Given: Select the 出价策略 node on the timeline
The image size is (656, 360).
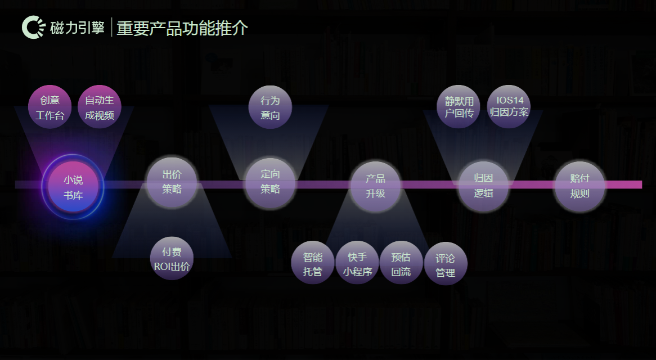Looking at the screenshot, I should [172, 182].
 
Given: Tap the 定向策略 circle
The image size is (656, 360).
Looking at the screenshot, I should [270, 182].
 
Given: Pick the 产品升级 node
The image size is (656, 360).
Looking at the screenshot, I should [375, 186].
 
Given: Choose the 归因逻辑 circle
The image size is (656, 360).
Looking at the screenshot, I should [483, 186].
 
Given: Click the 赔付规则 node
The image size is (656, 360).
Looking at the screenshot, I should [580, 186].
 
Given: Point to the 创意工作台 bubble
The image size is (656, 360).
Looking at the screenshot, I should [50, 107].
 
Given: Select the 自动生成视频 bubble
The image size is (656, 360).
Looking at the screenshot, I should [100, 107].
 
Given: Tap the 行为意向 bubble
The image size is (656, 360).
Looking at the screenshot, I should [270, 107].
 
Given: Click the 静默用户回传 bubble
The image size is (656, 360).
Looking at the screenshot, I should [459, 107].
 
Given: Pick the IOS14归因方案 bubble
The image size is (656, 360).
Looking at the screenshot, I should [509, 107].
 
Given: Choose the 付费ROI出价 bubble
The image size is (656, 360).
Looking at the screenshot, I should [172, 259].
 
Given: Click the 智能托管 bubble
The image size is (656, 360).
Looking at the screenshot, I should [313, 264].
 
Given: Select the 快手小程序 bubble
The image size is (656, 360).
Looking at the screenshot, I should [357, 264].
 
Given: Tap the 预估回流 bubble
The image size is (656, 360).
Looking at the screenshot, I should [401, 264].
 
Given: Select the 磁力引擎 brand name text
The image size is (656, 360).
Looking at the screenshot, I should [78, 28].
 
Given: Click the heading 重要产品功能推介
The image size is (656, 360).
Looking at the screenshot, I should [182, 28].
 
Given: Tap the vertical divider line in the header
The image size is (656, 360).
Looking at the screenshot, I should [111, 28].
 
